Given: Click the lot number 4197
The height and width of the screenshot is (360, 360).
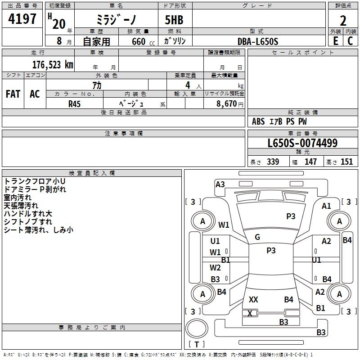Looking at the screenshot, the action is click(x=22, y=19).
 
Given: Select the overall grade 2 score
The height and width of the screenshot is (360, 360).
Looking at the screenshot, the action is click(x=343, y=21).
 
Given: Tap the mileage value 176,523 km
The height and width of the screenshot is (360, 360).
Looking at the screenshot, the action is click(x=53, y=65).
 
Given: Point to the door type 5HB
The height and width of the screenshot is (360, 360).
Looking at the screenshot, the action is click(x=174, y=20).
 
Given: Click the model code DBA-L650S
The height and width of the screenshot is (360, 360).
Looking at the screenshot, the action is click(x=258, y=41).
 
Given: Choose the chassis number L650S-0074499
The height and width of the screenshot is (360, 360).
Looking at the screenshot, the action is click(x=302, y=143).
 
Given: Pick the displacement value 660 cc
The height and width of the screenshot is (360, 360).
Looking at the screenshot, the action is click(x=143, y=41).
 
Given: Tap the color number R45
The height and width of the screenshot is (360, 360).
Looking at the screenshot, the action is click(x=74, y=104).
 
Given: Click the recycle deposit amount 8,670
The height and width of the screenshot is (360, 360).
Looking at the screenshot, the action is click(x=227, y=103).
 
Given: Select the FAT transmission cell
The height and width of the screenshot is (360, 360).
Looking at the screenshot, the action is click(x=13, y=94).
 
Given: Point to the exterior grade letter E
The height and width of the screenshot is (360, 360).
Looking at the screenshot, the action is click(x=336, y=41).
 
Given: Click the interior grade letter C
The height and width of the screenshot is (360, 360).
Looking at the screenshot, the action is click(x=350, y=41).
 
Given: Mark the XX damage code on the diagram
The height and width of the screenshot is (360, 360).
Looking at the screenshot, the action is click(x=253, y=299).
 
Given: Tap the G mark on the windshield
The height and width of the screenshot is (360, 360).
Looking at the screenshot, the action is click(x=257, y=237).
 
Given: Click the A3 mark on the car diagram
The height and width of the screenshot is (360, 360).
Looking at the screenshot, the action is click(x=220, y=184).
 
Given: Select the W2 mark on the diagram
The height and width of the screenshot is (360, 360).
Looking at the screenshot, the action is click(x=215, y=267).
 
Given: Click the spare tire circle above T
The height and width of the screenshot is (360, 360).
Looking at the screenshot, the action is click(x=197, y=328).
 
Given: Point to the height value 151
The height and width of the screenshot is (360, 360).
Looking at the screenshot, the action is click(x=346, y=162).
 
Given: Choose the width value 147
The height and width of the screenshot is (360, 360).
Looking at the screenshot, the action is click(x=310, y=162).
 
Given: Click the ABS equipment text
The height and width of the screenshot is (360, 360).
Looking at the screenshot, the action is click(x=258, y=121).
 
